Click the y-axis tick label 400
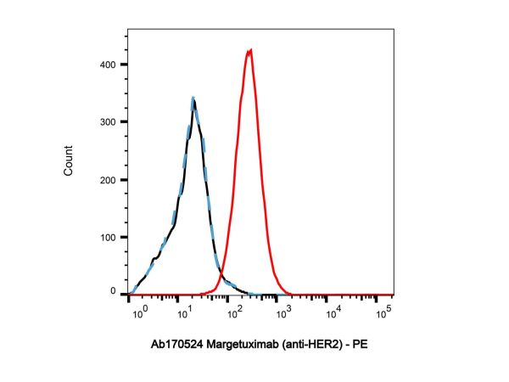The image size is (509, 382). (x=108, y=65)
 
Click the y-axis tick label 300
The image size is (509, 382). (x=108, y=121)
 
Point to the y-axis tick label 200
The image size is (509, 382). (x=108, y=178)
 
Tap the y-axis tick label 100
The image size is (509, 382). (x=108, y=235)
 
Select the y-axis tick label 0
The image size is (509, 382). (x=114, y=292)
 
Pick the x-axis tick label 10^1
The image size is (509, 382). (x=182, y=312)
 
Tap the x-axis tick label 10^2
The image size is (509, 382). (x=232, y=312)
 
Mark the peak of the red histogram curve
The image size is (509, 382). (x=249, y=50)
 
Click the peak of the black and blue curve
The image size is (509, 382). (x=193, y=98)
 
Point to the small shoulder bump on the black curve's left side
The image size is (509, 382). (x=155, y=258)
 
